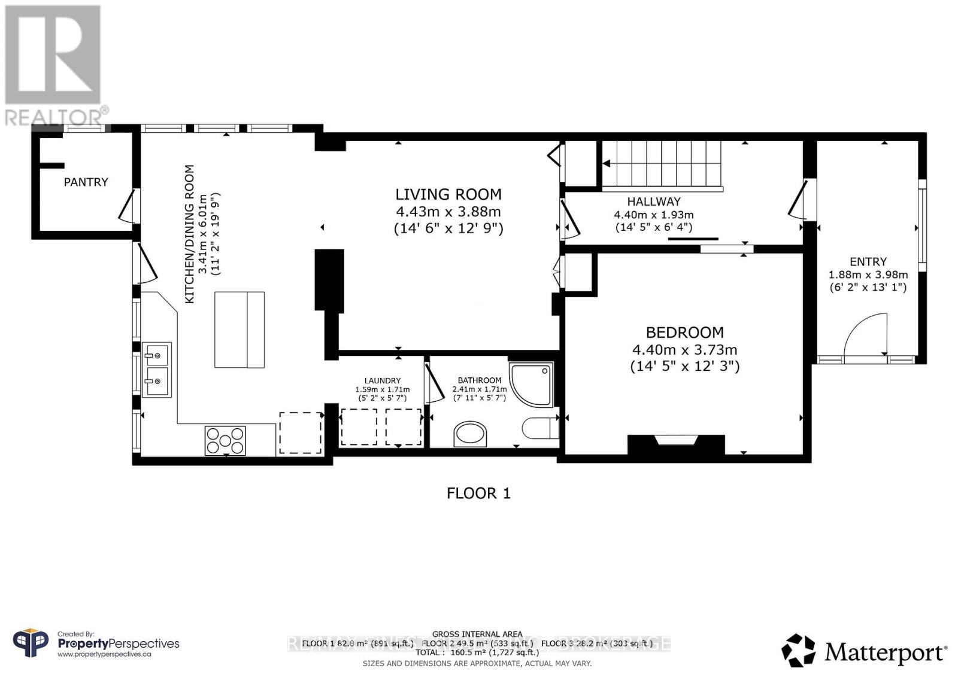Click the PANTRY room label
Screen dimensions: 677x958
click(86, 182)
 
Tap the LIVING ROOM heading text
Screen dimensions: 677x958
click(448, 194)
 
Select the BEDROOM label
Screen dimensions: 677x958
click(684, 333)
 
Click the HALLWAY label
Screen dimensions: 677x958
click(654, 202)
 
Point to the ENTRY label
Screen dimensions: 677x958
click(868, 262)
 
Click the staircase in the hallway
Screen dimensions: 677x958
click(662, 164)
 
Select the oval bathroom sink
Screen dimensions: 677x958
click(471, 434)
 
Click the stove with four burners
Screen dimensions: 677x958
click(225, 440)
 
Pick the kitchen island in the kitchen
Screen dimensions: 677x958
click(239, 330)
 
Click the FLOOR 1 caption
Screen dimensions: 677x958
click(478, 493)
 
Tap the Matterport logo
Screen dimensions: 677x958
click(864, 651)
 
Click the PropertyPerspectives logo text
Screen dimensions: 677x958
click(118, 644)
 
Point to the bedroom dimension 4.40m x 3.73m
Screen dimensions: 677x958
click(684, 350)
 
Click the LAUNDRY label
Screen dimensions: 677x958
click(382, 381)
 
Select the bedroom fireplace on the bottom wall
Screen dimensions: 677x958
click(676, 444)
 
